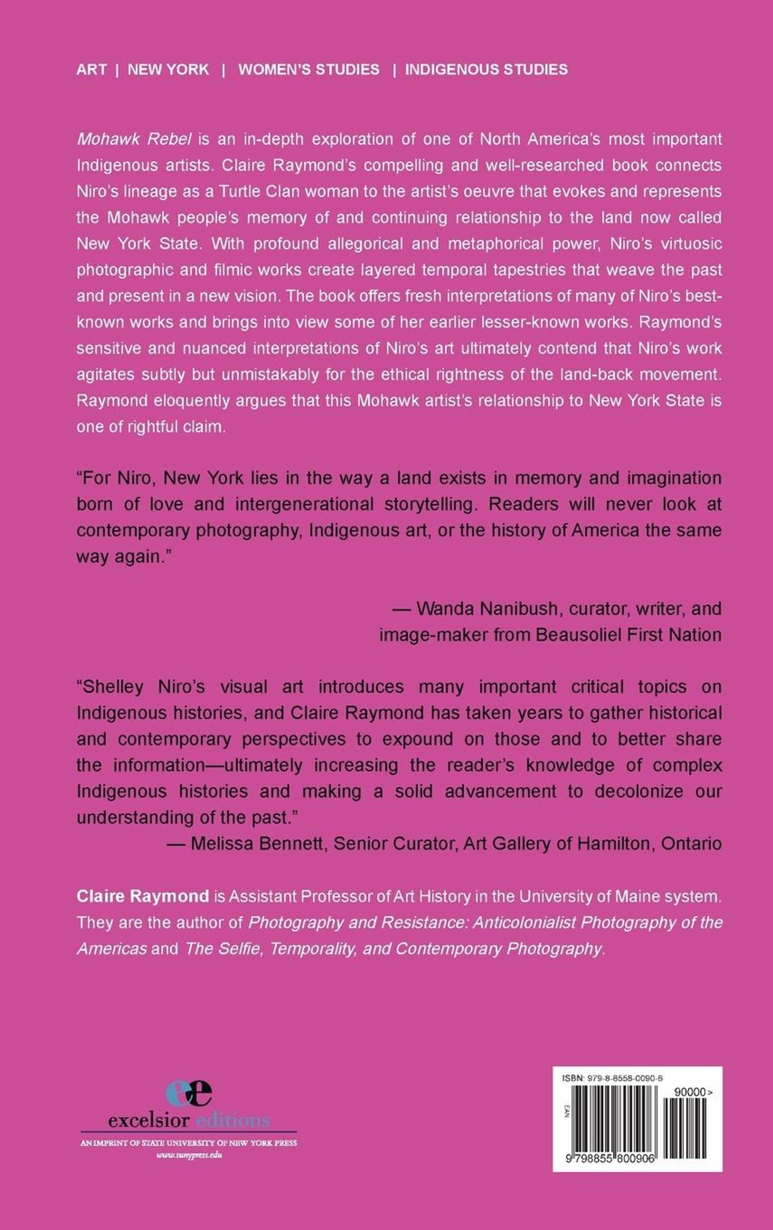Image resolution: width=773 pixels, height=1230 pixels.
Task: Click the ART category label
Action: click(91, 70)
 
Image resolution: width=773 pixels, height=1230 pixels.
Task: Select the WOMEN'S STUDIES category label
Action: click(309, 70)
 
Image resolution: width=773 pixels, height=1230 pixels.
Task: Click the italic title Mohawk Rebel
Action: click(134, 139)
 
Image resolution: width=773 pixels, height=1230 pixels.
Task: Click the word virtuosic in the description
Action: click(684, 244)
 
